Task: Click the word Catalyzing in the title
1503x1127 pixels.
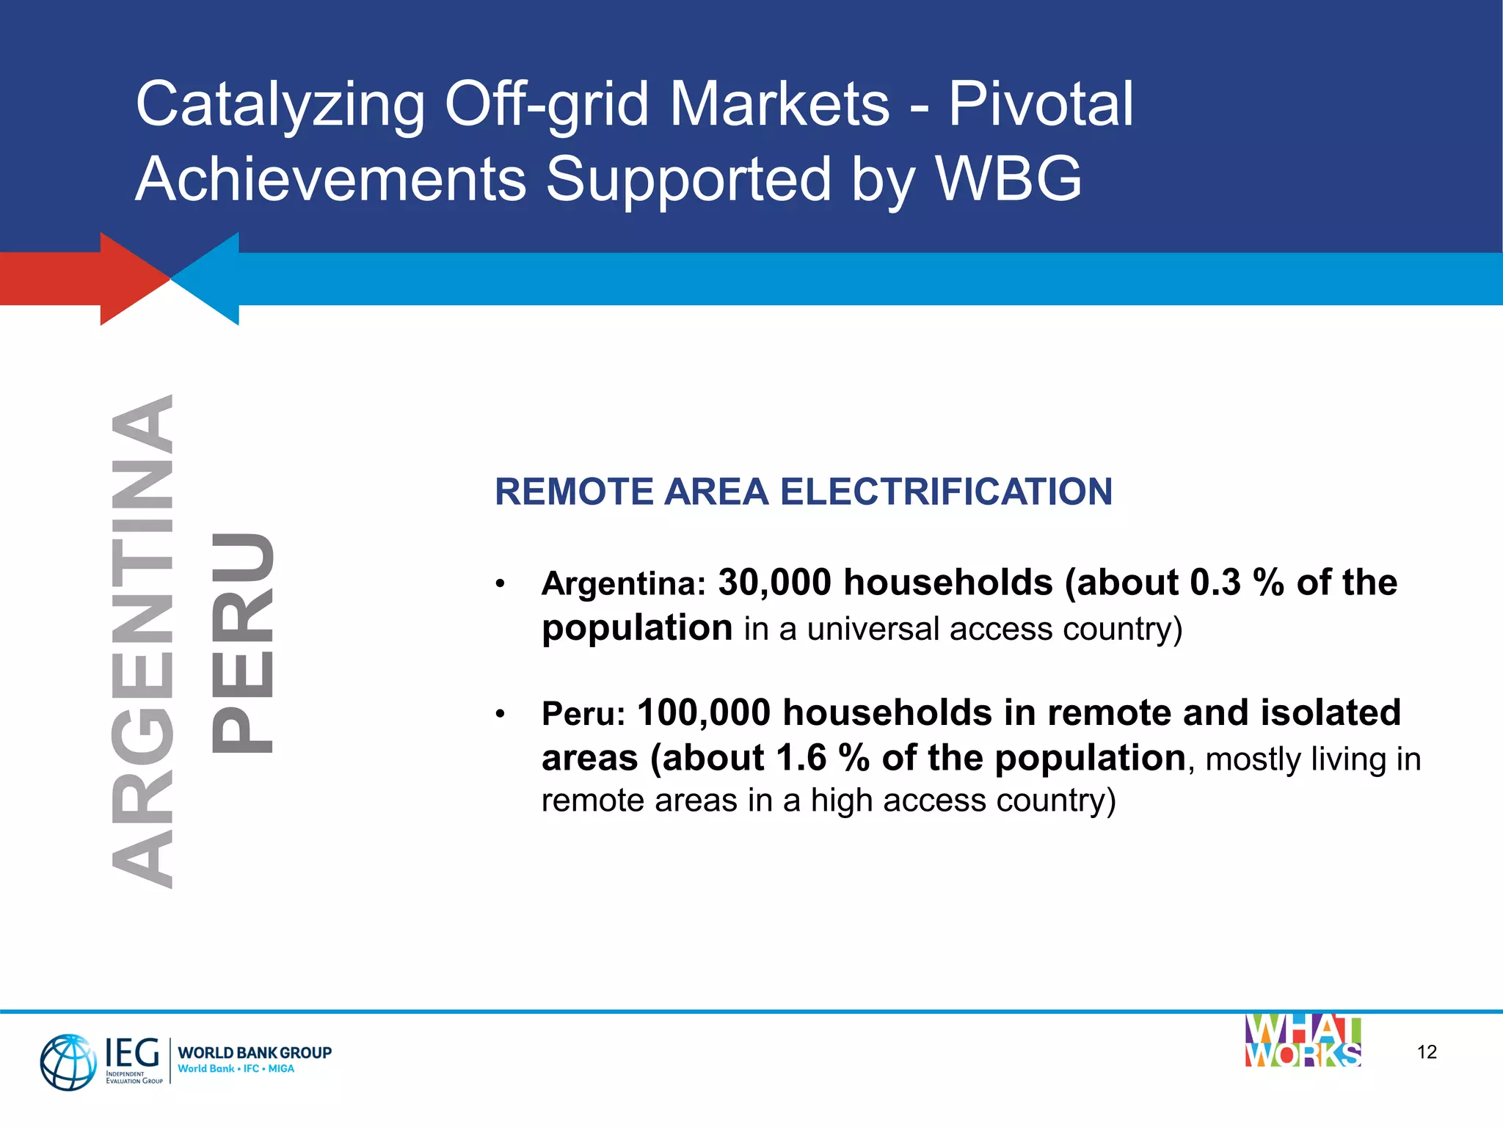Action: coord(280,105)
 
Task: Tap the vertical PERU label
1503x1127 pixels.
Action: coord(242,643)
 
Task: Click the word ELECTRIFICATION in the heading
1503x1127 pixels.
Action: coord(946,492)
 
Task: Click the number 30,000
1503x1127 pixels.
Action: coord(774,583)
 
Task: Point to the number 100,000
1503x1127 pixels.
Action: coord(704,712)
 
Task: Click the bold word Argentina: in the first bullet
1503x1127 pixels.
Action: coord(623,584)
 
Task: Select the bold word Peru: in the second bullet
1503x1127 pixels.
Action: coord(583,714)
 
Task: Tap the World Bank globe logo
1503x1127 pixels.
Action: coord(68,1062)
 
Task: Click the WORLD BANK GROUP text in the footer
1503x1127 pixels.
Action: coord(255,1053)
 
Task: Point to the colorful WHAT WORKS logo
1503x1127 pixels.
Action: coord(1303,1041)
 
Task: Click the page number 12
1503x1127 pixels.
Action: coord(1427,1052)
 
